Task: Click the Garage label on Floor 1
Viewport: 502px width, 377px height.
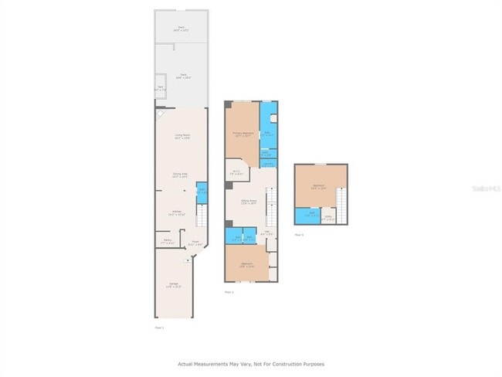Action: (x=174, y=286)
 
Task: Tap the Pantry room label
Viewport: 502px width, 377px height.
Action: (x=167, y=242)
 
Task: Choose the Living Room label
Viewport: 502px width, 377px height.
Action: (x=182, y=137)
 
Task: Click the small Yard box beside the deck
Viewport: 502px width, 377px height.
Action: (x=160, y=88)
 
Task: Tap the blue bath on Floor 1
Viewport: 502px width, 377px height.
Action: (x=202, y=191)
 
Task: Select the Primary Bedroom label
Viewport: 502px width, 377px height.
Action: (x=243, y=134)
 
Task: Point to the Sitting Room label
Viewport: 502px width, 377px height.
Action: (x=248, y=202)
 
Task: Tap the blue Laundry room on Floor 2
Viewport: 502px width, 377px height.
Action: (x=268, y=164)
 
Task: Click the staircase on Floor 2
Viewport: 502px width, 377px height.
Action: (x=271, y=209)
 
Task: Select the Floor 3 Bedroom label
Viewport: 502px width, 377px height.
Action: (x=319, y=186)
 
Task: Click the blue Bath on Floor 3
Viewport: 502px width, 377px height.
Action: (x=307, y=214)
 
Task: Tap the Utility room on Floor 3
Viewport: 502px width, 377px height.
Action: (x=328, y=217)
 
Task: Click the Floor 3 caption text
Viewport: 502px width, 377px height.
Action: (x=298, y=235)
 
